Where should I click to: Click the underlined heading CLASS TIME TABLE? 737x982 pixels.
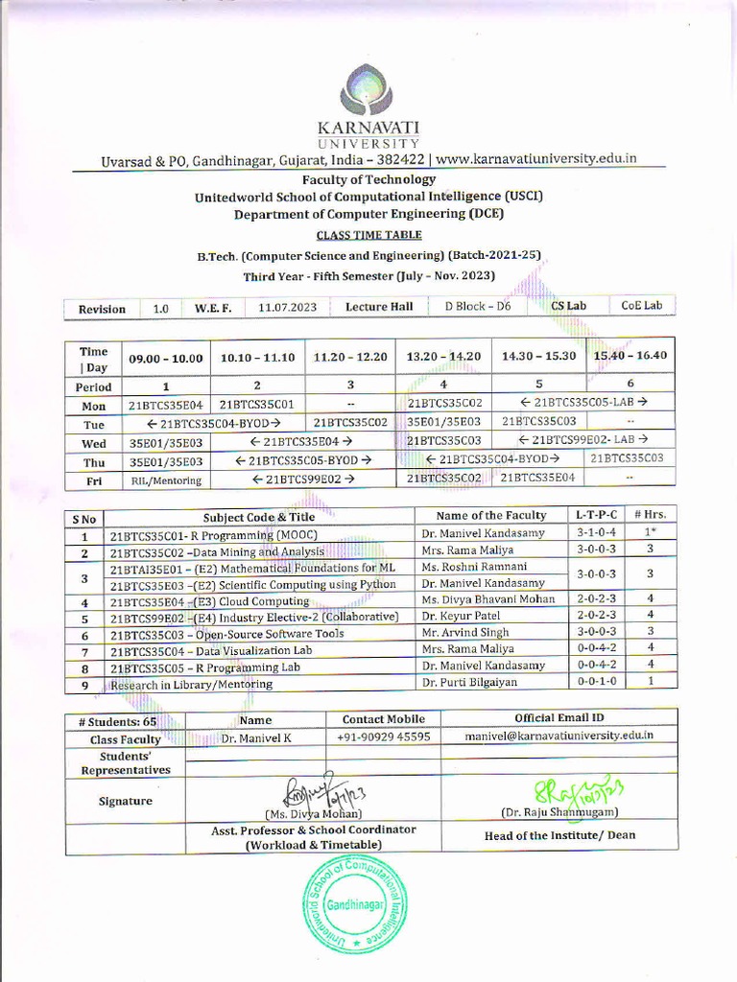368,235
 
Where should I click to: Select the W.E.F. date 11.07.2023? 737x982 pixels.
287,308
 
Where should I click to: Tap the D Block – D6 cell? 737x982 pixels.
477,307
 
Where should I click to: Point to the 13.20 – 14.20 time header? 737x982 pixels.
443,357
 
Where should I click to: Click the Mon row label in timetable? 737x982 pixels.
94,406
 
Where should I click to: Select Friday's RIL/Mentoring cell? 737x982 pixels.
165,479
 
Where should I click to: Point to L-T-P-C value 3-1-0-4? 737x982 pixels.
597,533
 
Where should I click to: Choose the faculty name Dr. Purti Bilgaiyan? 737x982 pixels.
470,684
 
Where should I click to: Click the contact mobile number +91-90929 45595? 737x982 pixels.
383,737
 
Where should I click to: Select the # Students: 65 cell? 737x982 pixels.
124,720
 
